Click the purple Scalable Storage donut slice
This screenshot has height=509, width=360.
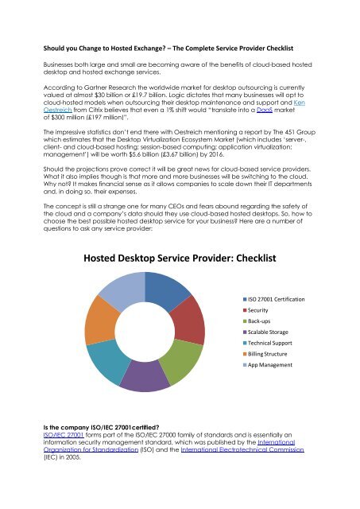tap(145, 376)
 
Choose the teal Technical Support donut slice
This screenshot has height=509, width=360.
tap(106, 362)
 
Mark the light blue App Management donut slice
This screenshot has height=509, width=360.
tap(119, 288)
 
